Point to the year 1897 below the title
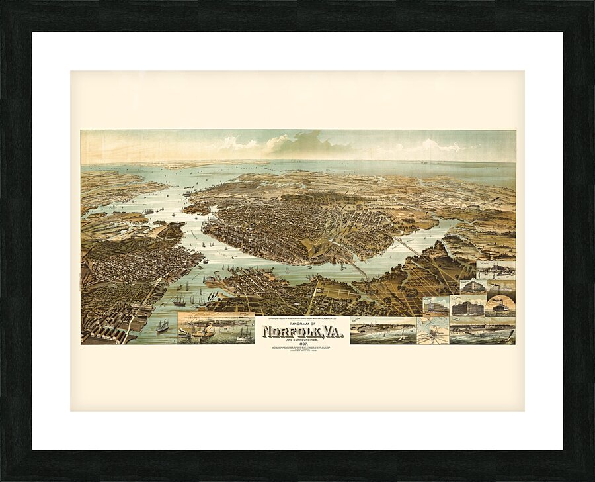coord(302,342)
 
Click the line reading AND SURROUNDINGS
coord(302,338)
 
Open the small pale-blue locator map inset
coord(432,331)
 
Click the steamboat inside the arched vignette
coord(500,307)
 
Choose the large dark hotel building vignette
coord(467,307)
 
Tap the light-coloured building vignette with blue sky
coord(435,307)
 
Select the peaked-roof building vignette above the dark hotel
coord(473,287)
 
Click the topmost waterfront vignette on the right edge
coord(496,269)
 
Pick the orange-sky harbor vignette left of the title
coord(216,328)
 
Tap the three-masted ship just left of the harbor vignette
coord(162,326)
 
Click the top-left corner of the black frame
coord(4,4)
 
